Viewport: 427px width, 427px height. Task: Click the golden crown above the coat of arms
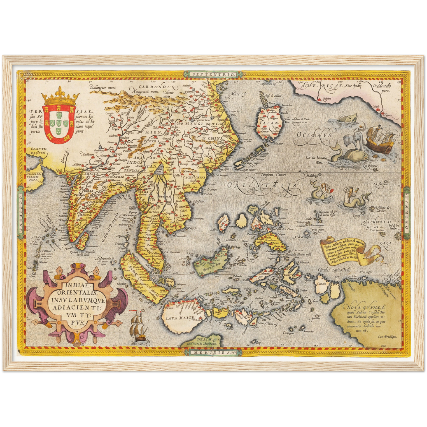click(61, 97)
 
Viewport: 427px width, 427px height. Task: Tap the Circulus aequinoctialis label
click(334, 270)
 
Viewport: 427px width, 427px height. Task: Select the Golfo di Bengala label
click(109, 228)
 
